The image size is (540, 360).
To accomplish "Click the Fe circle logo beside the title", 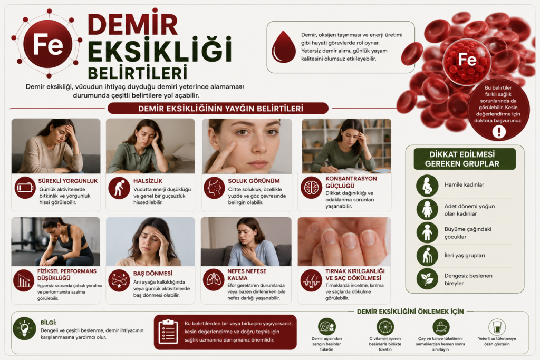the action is pos(47,44).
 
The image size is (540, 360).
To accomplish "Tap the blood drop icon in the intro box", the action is pos(283,47).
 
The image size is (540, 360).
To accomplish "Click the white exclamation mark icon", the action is pos(499,131).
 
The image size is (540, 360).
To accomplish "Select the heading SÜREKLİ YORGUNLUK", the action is pos(68,181).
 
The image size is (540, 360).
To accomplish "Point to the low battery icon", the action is pos(25,188).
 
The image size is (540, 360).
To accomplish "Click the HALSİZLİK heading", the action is pos(148,181).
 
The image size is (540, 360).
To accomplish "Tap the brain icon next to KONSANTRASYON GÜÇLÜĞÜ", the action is pos(311,188).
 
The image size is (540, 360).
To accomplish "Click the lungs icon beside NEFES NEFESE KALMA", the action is pos(214,280).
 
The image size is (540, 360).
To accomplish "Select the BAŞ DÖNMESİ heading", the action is pos(153,273).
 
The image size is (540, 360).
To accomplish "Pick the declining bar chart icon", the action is pos(24,280).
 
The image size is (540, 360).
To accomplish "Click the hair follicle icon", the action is pos(311,280).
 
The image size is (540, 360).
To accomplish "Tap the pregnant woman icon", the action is pos(427,185).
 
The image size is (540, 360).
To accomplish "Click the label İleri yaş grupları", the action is pos(465,255).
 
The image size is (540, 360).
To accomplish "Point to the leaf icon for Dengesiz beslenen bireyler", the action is pos(427,279).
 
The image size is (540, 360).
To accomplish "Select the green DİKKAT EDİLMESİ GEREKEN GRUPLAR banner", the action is pos(465,159).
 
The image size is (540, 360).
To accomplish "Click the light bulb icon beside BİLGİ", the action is pos(24,328).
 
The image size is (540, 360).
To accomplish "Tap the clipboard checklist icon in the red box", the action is pos(168,332).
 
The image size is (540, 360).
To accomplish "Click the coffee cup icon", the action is pos(440,326).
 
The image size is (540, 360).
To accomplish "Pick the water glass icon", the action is pos(497,326).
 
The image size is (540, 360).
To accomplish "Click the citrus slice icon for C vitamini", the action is pos(385,326).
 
